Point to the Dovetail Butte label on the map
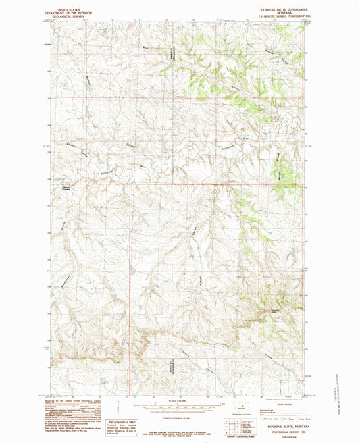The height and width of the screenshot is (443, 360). coord(274,310)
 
